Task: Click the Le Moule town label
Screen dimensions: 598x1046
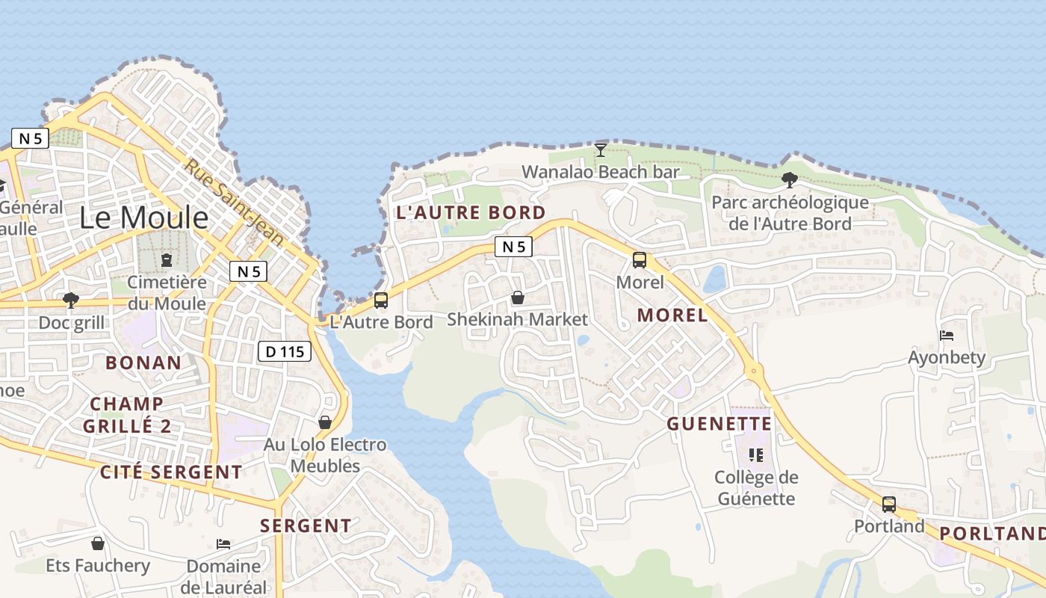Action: coord(144,218)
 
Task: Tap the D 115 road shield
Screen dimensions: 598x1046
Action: coord(285,351)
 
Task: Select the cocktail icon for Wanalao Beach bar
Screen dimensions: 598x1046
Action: coord(600,149)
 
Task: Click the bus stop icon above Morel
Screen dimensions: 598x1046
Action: coord(640,260)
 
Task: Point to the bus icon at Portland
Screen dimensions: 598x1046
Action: coord(889,505)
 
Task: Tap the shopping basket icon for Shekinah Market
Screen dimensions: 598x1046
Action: coord(517,298)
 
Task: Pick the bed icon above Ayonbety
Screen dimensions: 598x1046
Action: coord(947,336)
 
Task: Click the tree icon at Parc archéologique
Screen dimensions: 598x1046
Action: coord(789,179)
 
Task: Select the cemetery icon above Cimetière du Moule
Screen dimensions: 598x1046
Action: coord(166,260)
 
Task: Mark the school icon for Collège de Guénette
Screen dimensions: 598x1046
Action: coord(755,454)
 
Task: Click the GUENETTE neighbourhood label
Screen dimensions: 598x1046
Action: coord(719,424)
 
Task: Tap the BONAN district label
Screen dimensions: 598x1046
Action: coord(143,363)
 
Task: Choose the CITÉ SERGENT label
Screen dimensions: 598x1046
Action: coord(171,472)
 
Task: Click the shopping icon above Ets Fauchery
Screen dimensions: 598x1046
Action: coord(98,543)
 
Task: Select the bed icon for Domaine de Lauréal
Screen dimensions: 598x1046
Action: coord(223,543)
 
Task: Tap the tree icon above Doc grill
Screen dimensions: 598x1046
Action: coord(71,300)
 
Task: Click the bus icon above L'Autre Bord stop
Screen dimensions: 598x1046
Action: coord(381,300)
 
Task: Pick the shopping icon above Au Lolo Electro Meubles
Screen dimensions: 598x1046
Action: coord(325,422)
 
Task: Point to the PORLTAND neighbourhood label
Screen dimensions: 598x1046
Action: coord(991,533)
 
